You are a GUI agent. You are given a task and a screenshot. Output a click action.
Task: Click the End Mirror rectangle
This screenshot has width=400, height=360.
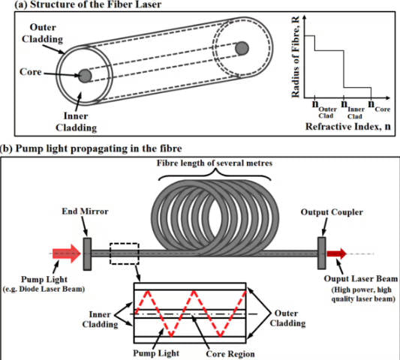pos(87,254)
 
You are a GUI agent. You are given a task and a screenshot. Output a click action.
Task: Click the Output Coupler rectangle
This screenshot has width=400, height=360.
pos(322,253)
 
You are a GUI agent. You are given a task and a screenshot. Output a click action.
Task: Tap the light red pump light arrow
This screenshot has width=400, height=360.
pos(67,253)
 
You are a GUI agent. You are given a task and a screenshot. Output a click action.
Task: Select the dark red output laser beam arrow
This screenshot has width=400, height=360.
pos(337,253)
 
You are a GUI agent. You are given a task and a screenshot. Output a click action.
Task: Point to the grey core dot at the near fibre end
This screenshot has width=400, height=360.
pos(85,76)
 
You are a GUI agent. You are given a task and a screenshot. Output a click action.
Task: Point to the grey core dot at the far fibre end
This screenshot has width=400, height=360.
pos(242,48)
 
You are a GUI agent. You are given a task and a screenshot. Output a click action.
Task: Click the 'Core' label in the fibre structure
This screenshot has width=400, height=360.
pos(31,72)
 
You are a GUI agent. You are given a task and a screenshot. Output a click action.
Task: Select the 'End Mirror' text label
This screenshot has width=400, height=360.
pos(86,211)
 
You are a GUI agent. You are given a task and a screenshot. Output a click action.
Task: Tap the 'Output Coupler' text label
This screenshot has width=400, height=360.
pos(332,212)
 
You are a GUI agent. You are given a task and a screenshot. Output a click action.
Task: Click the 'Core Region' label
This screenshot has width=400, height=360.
pos(230,354)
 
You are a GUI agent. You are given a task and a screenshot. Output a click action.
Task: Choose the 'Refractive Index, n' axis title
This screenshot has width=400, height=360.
pos(348,127)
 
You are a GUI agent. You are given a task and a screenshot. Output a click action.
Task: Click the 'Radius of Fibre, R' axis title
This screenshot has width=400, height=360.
pos(296,57)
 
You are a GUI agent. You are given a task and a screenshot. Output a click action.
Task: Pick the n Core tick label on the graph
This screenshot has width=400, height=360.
pos(379,106)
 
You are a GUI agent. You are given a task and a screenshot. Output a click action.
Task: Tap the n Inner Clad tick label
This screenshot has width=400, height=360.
pos(353,109)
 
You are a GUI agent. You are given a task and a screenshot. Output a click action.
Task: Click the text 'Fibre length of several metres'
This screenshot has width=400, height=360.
pos(215,163)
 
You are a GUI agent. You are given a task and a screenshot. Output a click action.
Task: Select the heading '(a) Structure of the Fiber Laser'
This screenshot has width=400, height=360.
pos(88,4)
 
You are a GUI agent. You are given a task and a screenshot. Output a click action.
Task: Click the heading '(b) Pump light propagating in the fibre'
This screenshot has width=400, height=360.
pos(91,148)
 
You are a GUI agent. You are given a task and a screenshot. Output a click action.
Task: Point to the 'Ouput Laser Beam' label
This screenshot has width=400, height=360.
pos(361,279)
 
